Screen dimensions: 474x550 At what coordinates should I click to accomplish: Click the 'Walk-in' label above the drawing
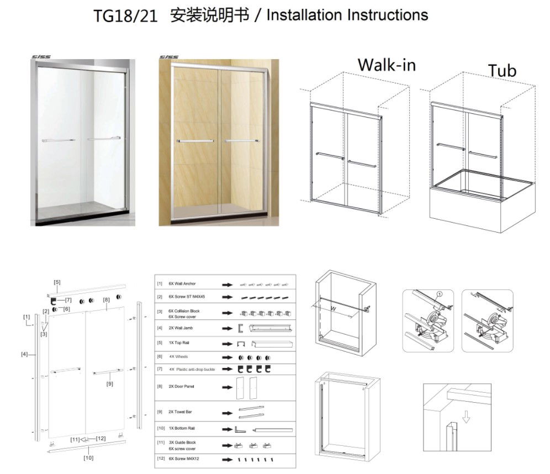pyautogui.click(x=387, y=65)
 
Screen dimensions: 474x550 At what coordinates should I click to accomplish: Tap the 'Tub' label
pyautogui.click(x=502, y=71)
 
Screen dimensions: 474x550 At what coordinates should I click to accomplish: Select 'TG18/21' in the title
pyautogui.click(x=125, y=16)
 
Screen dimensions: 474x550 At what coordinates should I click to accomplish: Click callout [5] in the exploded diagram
pyautogui.click(x=57, y=282)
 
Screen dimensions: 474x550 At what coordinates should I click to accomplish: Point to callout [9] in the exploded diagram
pyautogui.click(x=109, y=383)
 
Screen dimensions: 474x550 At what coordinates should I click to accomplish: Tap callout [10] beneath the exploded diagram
pyautogui.click(x=88, y=457)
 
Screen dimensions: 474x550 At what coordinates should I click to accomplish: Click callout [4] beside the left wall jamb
pyautogui.click(x=24, y=354)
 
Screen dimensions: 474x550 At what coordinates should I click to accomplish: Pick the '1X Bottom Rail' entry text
pyautogui.click(x=182, y=428)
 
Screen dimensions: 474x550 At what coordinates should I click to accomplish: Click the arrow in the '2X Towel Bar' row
pyautogui.click(x=226, y=412)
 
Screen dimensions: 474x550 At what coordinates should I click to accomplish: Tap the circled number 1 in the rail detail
pyautogui.click(x=440, y=294)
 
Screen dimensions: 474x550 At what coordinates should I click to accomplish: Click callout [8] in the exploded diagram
pyautogui.click(x=106, y=300)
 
